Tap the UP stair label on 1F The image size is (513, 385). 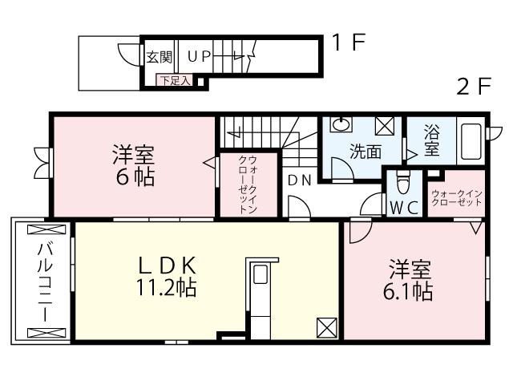tap(200, 57)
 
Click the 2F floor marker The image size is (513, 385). tap(473, 87)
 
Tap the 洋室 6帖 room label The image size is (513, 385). tap(133, 164)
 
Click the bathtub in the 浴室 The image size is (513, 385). tap(471, 142)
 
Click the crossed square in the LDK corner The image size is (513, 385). tap(326, 326)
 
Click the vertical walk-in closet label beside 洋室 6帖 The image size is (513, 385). tap(248, 184)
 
